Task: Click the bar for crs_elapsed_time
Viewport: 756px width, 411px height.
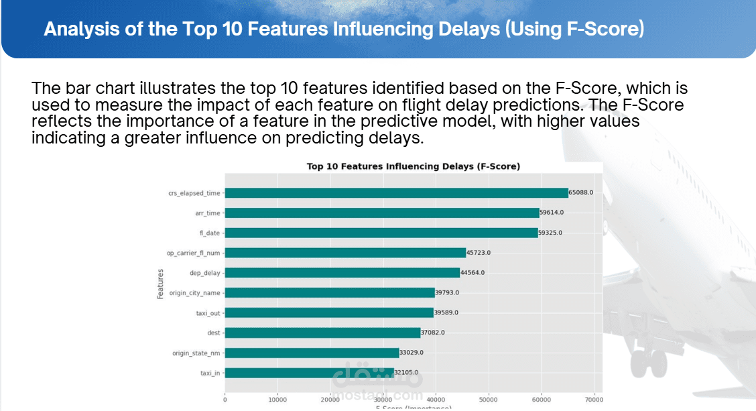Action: pos(396,193)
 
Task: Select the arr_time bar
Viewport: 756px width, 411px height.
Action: pos(382,213)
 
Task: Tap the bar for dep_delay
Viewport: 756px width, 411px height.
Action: pos(342,273)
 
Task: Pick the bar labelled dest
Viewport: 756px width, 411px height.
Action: pos(322,333)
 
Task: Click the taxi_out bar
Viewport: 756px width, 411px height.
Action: pos(329,312)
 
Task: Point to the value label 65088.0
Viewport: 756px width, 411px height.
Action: pos(581,192)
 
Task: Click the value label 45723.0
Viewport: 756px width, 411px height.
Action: pos(479,253)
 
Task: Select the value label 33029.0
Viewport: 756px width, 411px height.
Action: pos(411,353)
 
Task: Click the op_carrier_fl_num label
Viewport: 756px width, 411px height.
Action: pos(193,253)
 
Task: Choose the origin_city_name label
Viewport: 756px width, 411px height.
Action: pos(194,293)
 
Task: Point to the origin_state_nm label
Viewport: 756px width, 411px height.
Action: pos(196,353)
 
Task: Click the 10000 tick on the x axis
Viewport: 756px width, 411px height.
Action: pos(277,400)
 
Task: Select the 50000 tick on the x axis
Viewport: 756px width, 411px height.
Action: pos(489,400)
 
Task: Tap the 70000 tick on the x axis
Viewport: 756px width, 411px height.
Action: pos(594,400)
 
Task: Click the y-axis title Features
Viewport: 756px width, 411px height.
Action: pos(161,284)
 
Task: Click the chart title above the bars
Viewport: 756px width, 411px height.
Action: pos(413,166)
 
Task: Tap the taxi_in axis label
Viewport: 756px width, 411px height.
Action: pos(210,373)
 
